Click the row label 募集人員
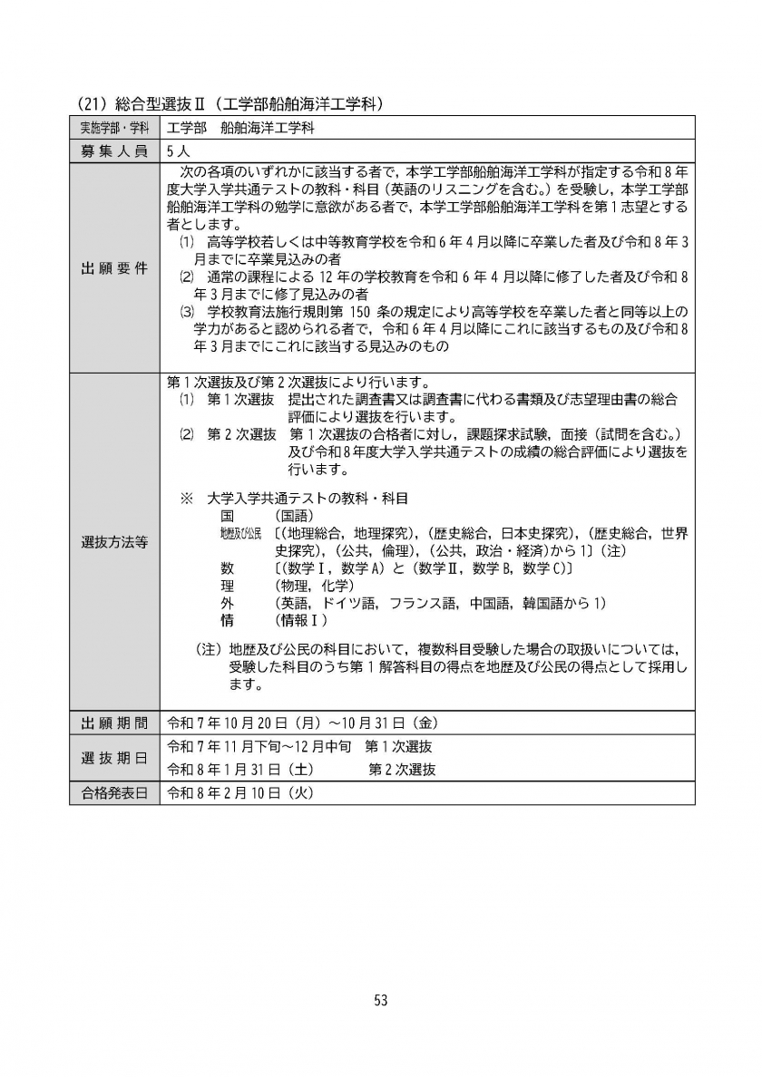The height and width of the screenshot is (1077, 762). [x=113, y=151]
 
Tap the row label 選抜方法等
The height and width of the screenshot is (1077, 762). [x=113, y=542]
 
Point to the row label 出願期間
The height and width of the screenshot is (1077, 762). [x=113, y=723]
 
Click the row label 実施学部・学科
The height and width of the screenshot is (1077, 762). [x=113, y=128]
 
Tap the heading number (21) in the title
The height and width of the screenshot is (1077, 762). [x=89, y=104]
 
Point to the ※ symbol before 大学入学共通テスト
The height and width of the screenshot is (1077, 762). [x=188, y=498]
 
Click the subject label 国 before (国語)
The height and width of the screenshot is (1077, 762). [x=227, y=515]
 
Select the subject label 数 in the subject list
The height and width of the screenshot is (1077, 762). [x=227, y=568]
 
